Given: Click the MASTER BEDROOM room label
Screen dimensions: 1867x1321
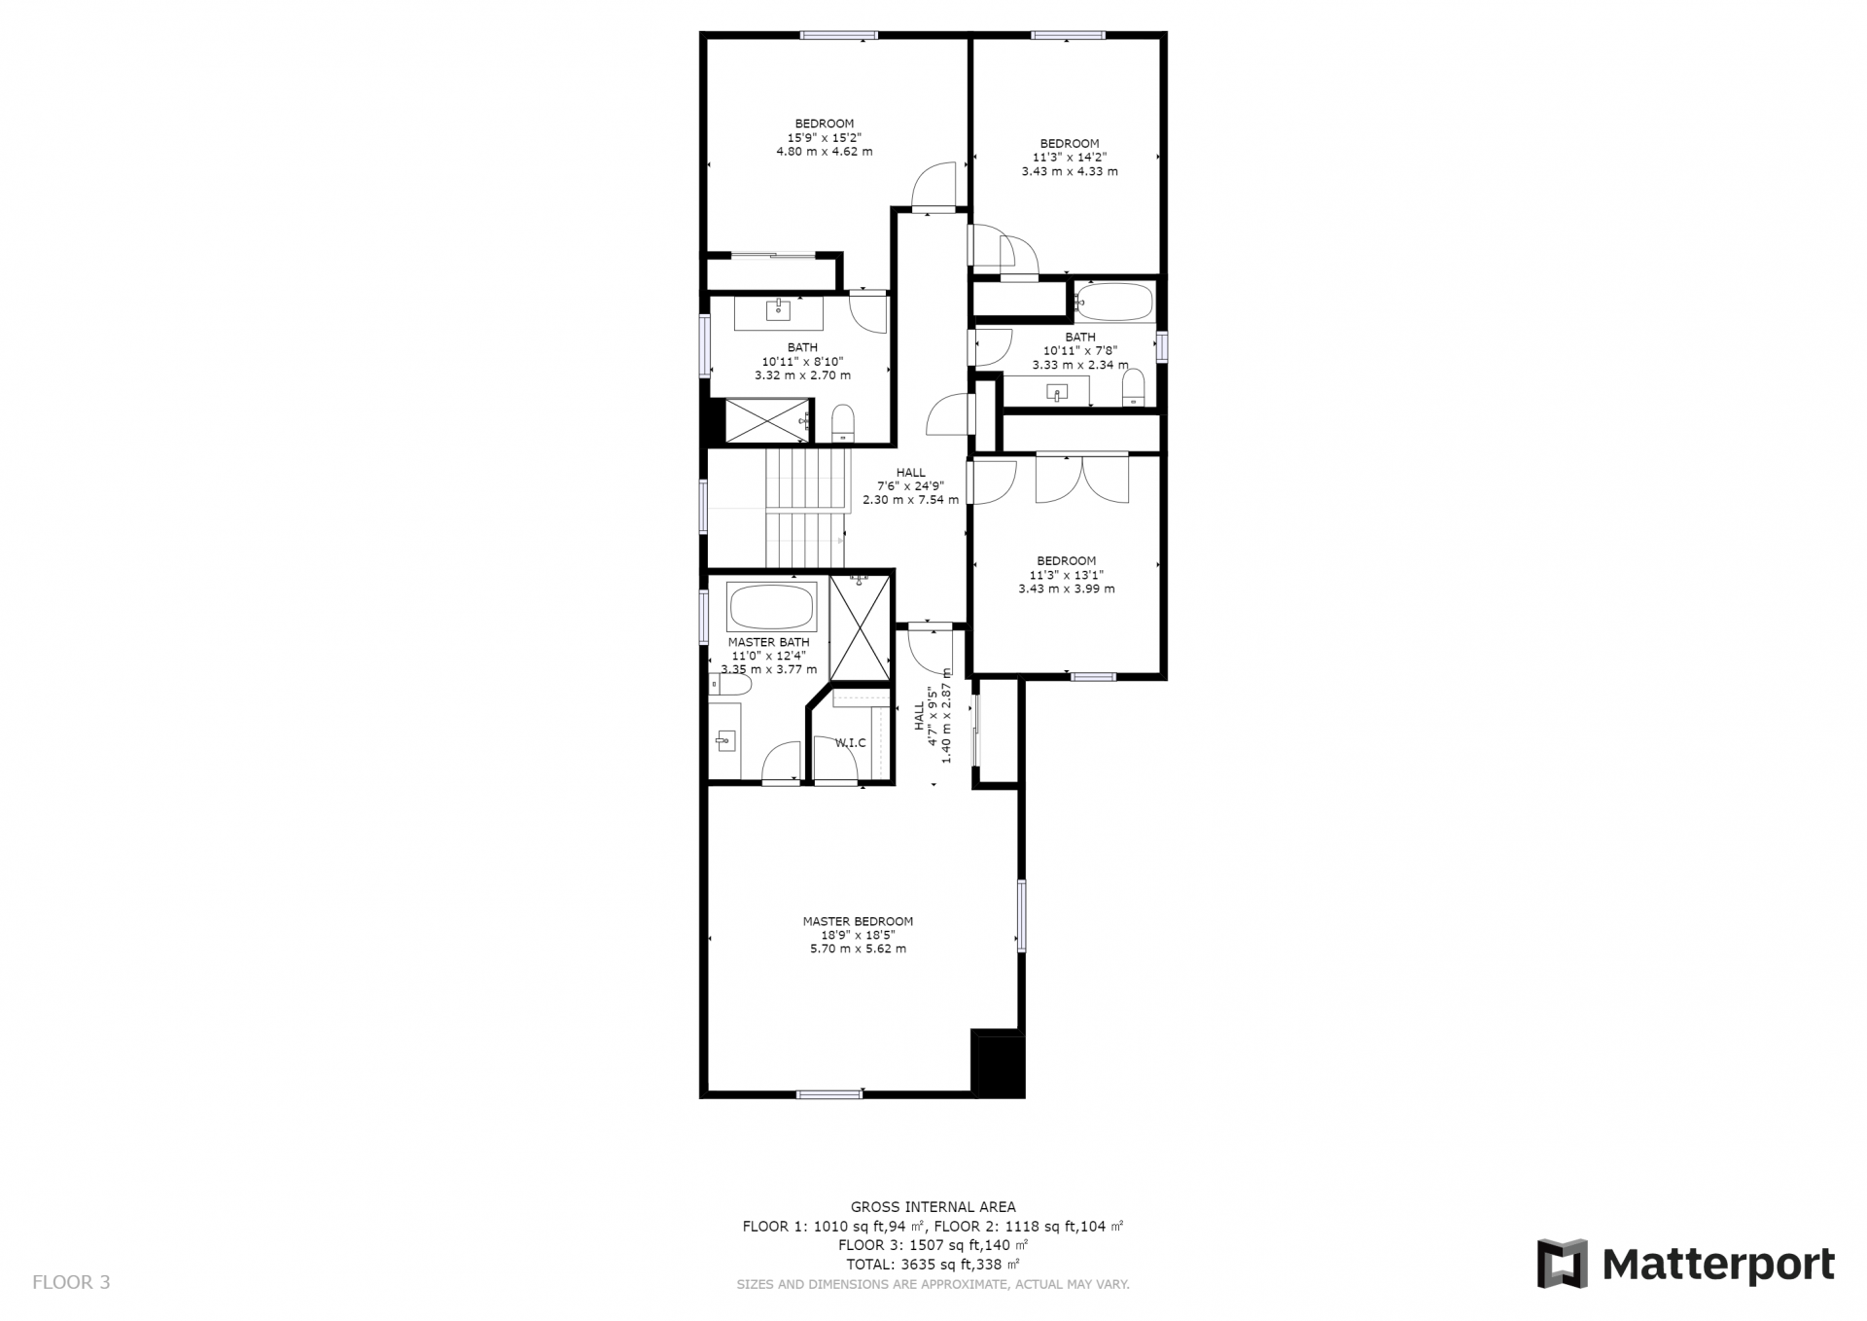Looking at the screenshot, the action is [858, 921].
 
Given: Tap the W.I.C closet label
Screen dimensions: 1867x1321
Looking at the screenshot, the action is [851, 743].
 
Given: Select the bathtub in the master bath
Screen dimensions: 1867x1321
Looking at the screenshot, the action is [772, 607].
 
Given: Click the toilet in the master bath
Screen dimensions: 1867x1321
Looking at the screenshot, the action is [731, 686].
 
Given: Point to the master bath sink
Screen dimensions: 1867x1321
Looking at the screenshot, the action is [724, 742].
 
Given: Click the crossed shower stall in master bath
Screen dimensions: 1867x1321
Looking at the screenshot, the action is [860, 628].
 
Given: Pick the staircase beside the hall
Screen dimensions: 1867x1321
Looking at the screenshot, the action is [806, 508].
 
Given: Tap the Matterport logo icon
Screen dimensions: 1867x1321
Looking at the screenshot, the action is [1562, 1264].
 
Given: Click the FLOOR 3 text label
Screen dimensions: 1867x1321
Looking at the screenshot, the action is [71, 1282].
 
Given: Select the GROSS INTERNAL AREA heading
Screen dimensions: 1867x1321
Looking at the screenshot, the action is [933, 1207].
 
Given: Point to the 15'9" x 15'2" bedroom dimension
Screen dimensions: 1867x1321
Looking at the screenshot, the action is [825, 137].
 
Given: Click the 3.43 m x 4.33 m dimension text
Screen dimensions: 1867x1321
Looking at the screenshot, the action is [1070, 171].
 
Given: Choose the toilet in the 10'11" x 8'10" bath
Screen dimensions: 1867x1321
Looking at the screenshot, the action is [843, 423].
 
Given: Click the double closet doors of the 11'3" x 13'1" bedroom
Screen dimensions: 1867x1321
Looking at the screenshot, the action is [1082, 479].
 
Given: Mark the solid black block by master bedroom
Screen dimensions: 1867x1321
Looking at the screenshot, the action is [998, 1064].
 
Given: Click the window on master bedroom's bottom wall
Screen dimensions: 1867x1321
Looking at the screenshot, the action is [829, 1094].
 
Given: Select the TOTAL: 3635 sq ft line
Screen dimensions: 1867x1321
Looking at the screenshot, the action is [933, 1265].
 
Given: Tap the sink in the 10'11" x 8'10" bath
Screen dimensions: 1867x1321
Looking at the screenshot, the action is [778, 311].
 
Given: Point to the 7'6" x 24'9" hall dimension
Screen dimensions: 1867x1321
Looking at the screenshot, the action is [911, 486].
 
